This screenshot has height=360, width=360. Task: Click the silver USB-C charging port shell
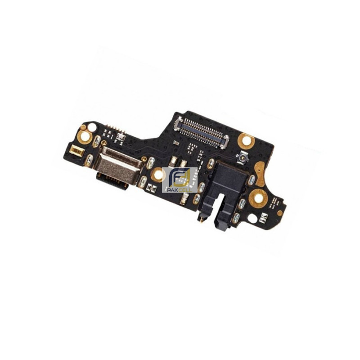[119, 165]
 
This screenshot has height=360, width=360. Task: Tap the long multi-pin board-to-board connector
[201, 132]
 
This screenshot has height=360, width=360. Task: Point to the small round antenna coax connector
[243, 158]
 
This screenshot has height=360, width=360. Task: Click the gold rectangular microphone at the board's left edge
[75, 150]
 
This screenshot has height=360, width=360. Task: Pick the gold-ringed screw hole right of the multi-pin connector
[246, 140]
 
